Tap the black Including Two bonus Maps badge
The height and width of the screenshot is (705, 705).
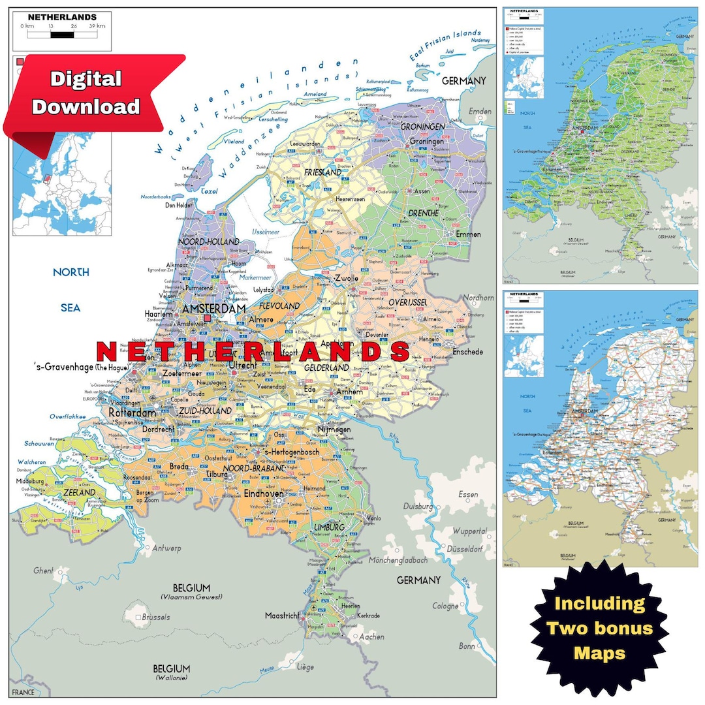coord(599,627)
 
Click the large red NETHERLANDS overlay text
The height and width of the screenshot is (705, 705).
coord(253,352)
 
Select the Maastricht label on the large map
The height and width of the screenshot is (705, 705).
coord(282,616)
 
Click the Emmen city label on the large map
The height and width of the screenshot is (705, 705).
coord(468,234)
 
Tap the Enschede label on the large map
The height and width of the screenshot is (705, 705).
coord(467,352)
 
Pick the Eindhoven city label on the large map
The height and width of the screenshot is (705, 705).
coord(264,494)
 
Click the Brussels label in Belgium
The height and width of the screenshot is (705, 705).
coord(155,617)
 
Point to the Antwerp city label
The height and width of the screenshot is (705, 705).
coord(166,548)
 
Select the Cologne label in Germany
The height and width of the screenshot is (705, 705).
coord(445,606)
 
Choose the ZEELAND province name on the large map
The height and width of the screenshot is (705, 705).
coord(79,492)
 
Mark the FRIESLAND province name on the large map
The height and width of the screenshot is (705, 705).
coord(322,172)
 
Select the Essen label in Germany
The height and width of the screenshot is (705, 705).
coord(468,495)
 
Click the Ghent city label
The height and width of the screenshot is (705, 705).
coord(43,571)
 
